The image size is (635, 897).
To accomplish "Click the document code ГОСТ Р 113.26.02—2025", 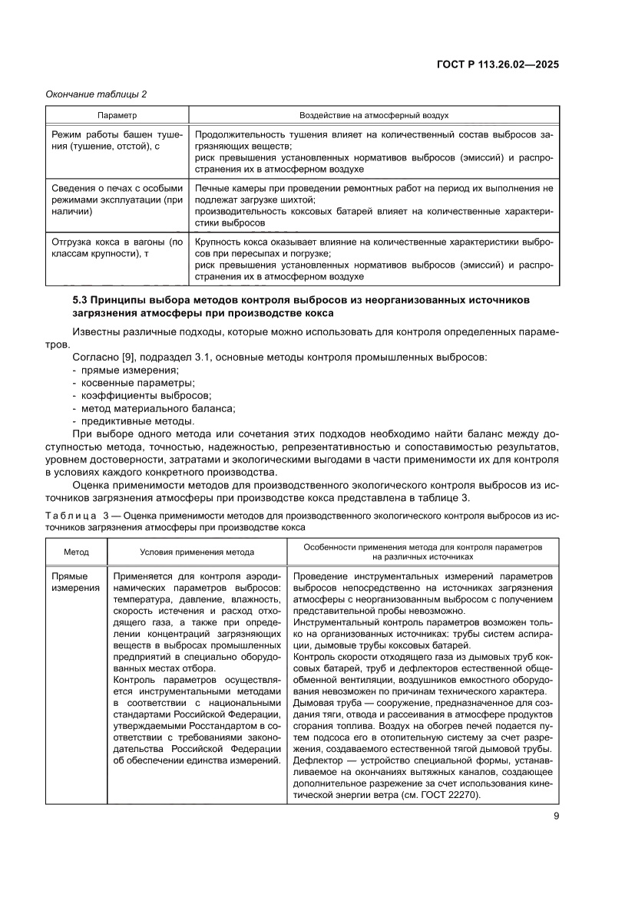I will click(498, 64).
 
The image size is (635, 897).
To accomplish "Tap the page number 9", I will click(555, 816).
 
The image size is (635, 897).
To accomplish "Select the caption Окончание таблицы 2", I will click(97, 94).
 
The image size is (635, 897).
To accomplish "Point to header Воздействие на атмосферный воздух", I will click(374, 114).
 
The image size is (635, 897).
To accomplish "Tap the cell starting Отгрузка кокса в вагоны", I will click(117, 247).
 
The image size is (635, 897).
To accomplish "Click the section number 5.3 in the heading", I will click(81, 299).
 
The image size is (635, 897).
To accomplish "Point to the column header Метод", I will click(76, 552).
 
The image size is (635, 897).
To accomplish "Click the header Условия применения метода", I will click(197, 552).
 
